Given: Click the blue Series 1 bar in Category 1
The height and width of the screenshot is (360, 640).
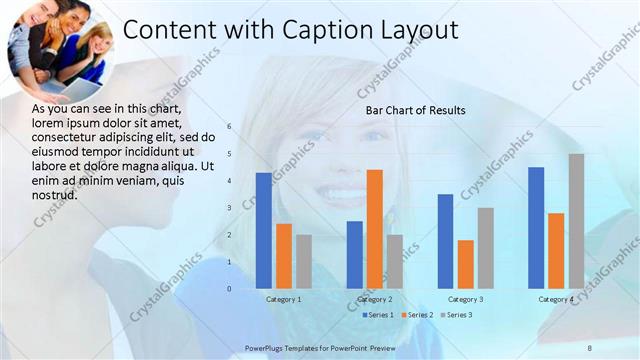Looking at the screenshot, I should tap(264, 231).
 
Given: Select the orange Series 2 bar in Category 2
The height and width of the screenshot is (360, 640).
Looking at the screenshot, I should tap(375, 229).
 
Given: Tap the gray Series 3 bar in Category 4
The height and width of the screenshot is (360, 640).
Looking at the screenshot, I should tap(577, 221).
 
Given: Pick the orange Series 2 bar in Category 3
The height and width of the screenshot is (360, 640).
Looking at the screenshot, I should tap(465, 264).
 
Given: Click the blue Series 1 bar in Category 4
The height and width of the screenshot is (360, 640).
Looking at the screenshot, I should tap(536, 228).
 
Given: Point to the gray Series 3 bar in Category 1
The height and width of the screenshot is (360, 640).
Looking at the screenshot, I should tap(304, 262).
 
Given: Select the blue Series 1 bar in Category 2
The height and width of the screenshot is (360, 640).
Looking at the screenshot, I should tap(355, 255).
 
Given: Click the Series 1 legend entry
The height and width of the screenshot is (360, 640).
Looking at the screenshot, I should tap(376, 315).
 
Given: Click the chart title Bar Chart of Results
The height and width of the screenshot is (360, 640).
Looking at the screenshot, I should tap(415, 110).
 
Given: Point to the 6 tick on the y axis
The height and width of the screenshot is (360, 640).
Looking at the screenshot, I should tap(229, 127).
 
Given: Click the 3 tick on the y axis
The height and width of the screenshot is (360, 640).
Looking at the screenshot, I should tap(229, 208).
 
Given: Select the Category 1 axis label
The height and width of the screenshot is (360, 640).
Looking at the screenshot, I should tap(284, 299).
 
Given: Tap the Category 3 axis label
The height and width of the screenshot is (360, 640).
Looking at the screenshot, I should tap(465, 299).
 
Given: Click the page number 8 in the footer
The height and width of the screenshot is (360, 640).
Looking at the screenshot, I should tap(589, 347).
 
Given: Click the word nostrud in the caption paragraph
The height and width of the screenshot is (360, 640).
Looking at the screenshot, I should tap(55, 194).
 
